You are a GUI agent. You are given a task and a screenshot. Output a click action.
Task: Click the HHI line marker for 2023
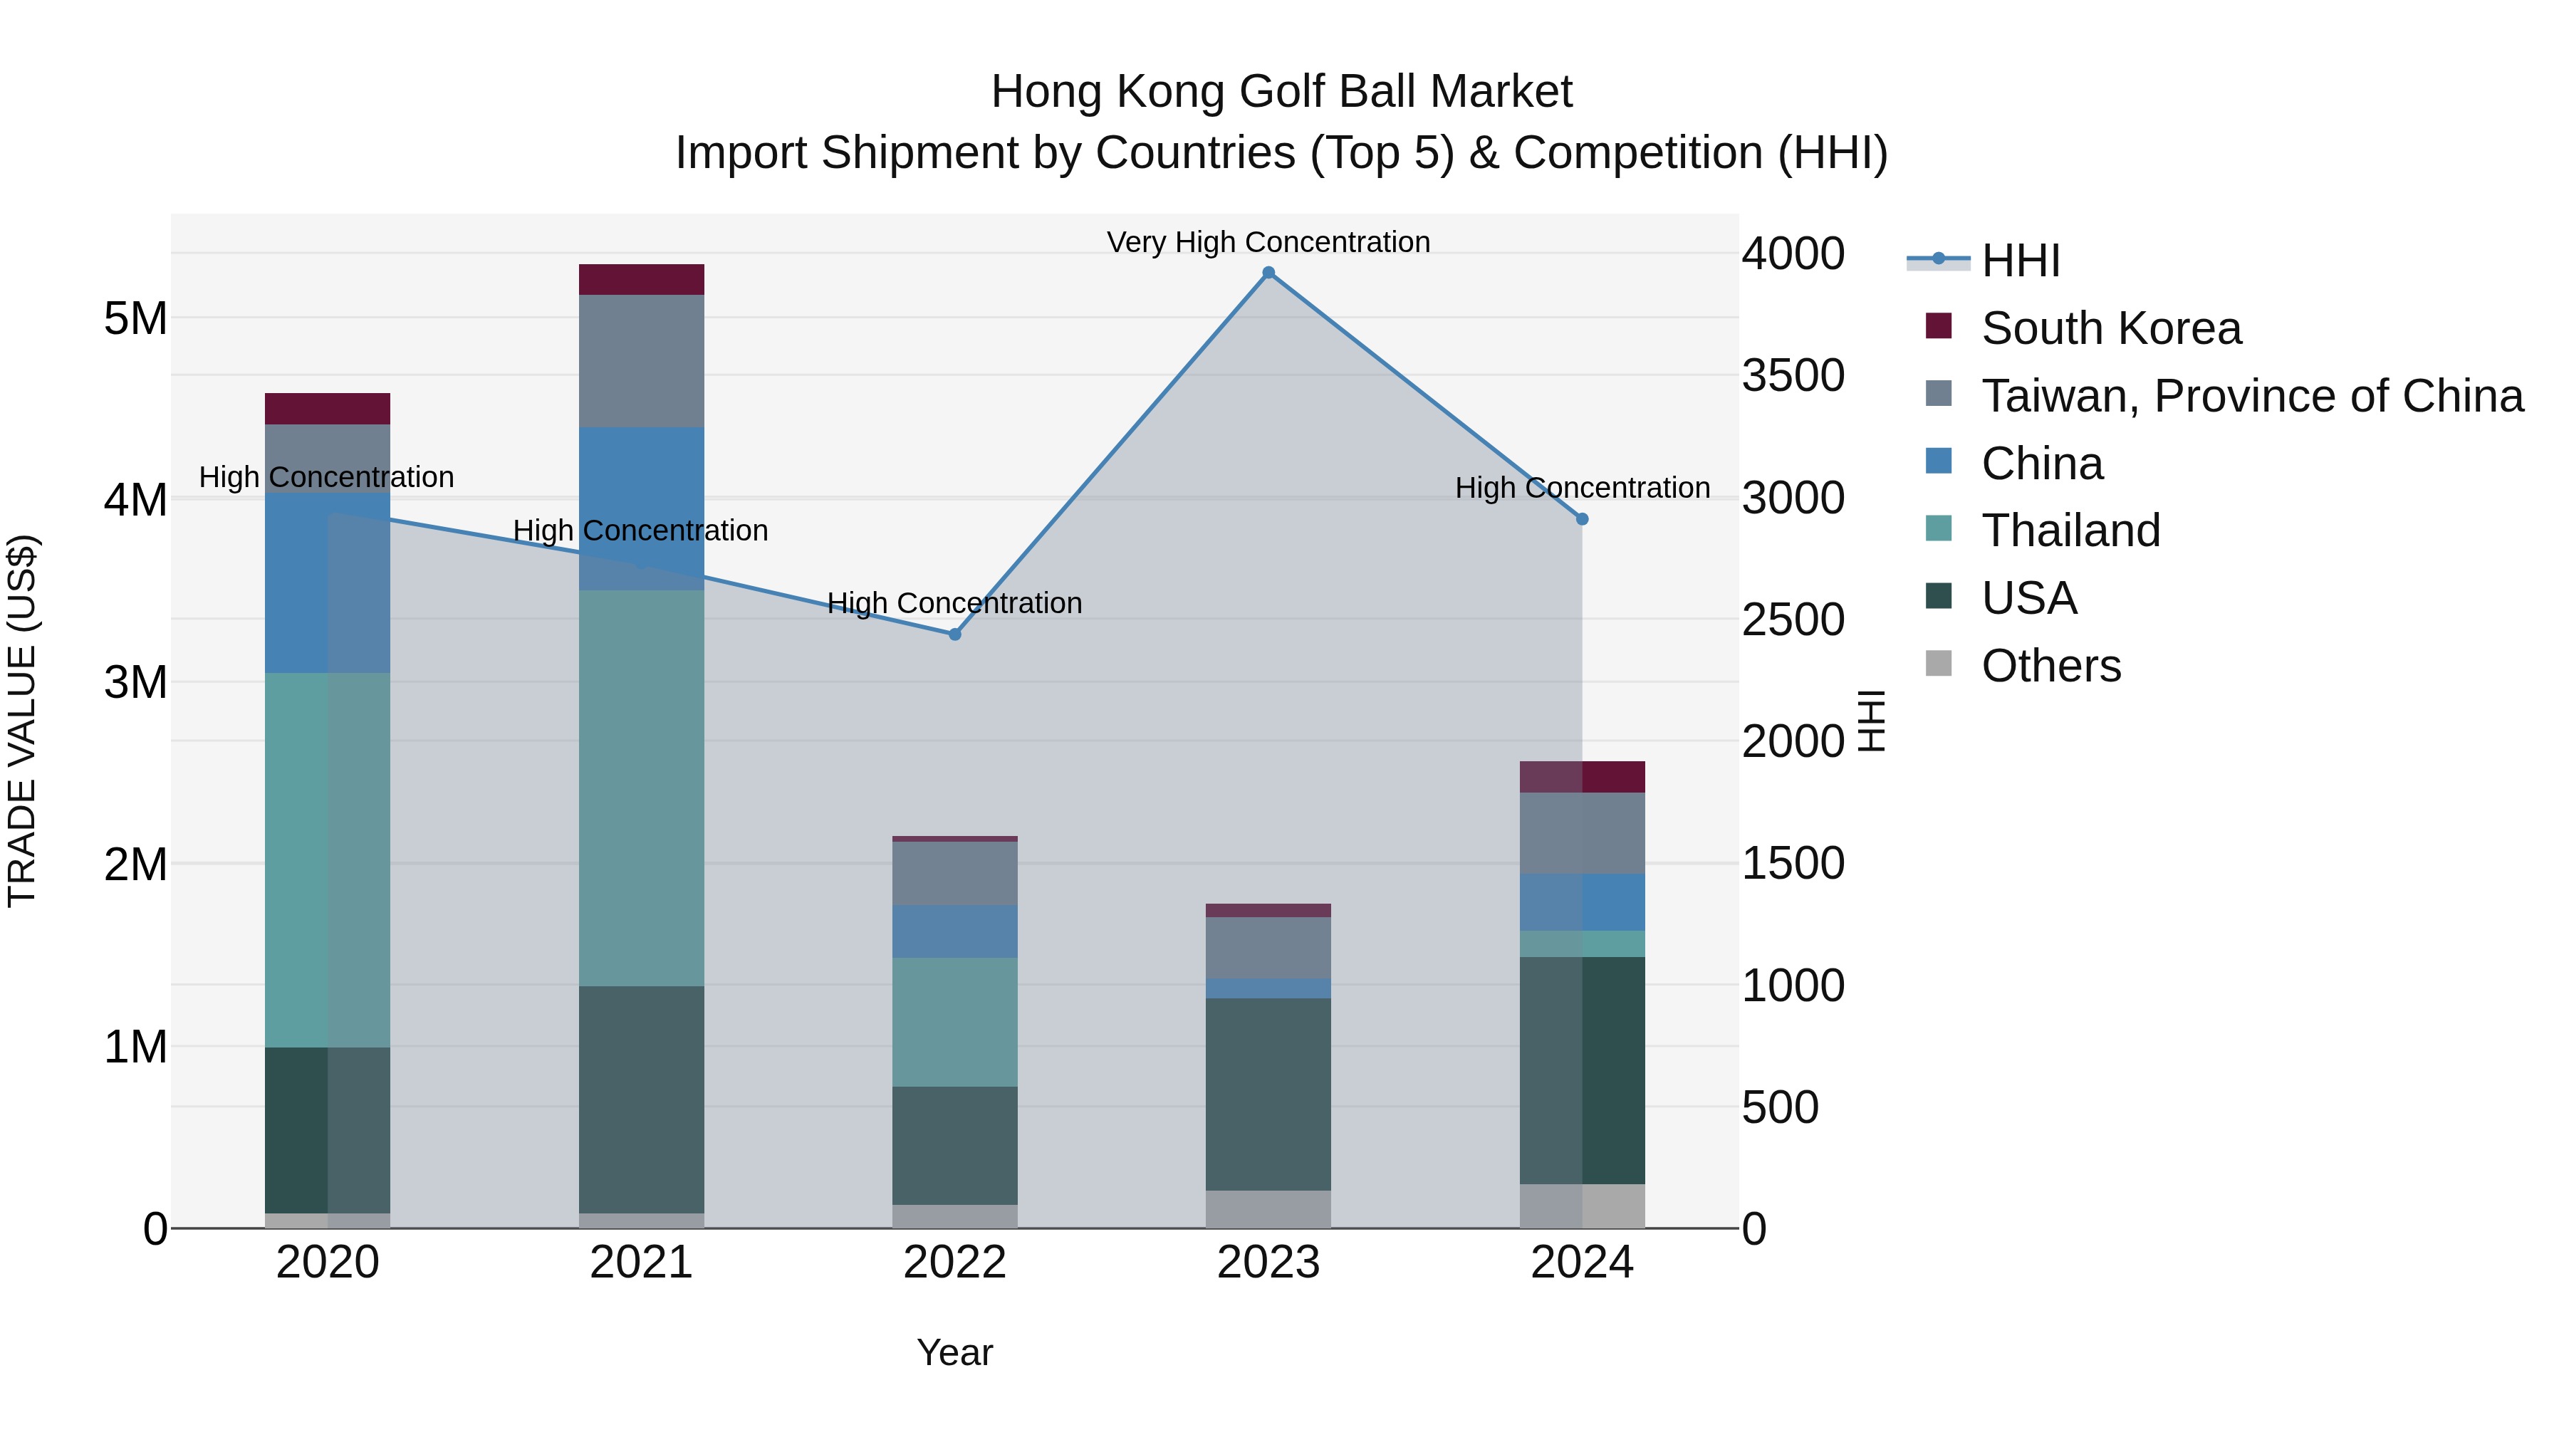(1268, 273)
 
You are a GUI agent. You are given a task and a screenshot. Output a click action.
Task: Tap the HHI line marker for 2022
(954, 634)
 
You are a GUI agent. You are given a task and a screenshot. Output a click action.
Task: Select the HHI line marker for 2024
(1582, 518)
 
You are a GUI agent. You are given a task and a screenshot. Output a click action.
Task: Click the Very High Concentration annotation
(1268, 242)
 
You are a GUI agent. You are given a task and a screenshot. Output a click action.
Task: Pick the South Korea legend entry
(2110, 328)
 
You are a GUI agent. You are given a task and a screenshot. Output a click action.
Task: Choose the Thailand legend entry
(2070, 531)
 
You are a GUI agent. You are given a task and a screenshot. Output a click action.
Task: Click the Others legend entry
(2050, 666)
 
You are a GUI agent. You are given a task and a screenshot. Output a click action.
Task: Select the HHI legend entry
(2020, 261)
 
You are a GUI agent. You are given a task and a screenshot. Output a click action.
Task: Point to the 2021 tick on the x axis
(641, 1263)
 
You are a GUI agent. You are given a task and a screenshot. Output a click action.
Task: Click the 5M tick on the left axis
(135, 320)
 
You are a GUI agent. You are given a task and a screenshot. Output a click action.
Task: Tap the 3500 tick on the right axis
(1793, 376)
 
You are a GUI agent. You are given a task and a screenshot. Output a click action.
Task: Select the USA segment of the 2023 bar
(1268, 1094)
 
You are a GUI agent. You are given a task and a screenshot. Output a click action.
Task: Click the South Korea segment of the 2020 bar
(328, 409)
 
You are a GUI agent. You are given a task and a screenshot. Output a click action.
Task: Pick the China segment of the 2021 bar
(641, 508)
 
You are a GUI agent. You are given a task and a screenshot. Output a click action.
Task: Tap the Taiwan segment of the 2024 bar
(1582, 833)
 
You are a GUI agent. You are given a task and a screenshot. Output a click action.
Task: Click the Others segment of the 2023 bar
(1268, 1208)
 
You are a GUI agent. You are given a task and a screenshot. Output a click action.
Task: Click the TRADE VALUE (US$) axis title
(22, 721)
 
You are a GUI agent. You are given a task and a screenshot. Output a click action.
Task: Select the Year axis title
(954, 1352)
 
